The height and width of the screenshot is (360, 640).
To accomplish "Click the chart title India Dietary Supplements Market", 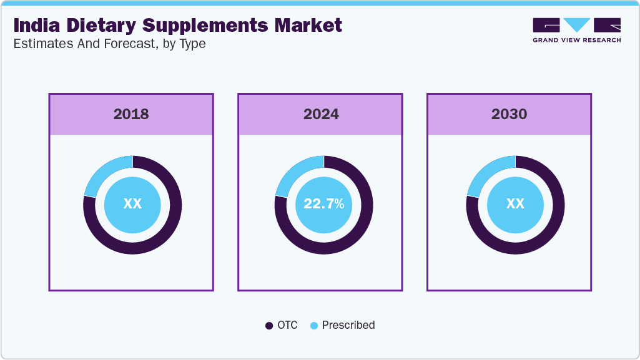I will (177, 26).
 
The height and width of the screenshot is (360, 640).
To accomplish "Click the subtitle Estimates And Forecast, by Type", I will (109, 44).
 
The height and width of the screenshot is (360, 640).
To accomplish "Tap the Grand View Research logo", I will (576, 30).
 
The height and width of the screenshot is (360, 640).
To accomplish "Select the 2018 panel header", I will (131, 114).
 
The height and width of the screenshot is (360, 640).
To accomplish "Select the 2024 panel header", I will (321, 114).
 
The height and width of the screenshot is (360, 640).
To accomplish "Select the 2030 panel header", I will (510, 114).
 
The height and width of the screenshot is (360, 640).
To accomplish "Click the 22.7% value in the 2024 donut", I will (323, 204).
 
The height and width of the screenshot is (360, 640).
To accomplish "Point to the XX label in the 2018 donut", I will (132, 204).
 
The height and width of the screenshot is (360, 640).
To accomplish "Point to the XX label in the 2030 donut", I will (515, 204).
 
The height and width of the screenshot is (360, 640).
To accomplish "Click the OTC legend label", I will (288, 325).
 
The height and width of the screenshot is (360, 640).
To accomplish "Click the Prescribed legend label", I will (348, 325).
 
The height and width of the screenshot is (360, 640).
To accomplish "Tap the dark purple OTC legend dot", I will (269, 326).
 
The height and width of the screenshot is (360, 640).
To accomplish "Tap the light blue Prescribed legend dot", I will (314, 326).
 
